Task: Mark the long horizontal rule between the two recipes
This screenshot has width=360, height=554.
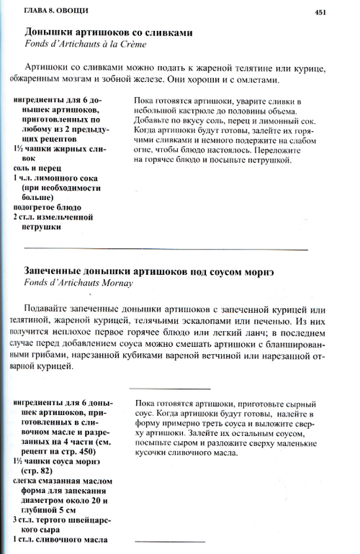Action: (166, 249)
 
